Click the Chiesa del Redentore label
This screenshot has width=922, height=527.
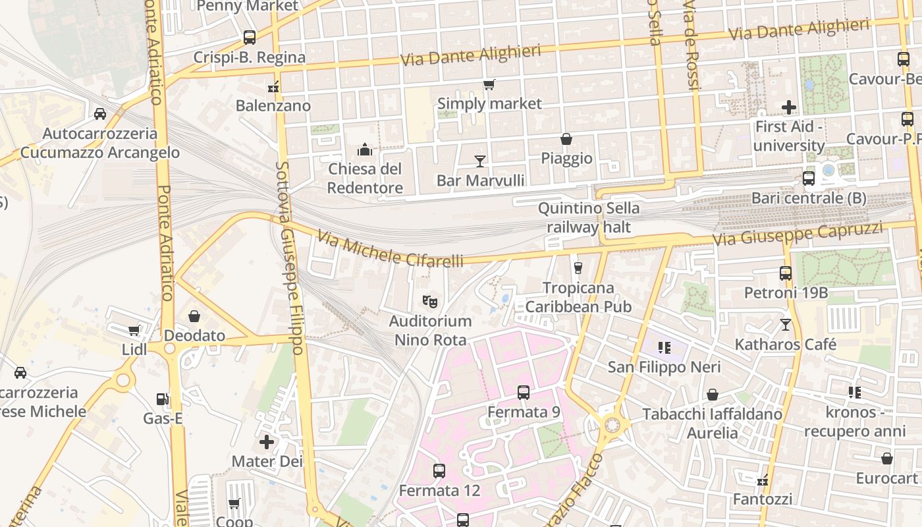pos(365,179)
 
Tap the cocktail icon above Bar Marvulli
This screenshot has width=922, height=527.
pos(480,161)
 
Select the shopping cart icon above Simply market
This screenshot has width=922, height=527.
pos(489,85)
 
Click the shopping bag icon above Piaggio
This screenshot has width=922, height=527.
pos(566,139)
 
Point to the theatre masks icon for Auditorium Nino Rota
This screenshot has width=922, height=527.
pos(430,302)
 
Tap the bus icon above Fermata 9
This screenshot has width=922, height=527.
pos(524,393)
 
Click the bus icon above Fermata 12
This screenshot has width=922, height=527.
pos(439,471)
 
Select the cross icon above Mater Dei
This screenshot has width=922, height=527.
pos(267,441)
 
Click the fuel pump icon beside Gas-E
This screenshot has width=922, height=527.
pos(162,399)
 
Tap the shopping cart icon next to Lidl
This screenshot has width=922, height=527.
pos(134,331)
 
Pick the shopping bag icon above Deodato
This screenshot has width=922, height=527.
pos(194,316)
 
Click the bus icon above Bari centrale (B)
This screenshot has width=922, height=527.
pos(809,179)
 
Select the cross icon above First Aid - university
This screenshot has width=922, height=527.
pos(789,107)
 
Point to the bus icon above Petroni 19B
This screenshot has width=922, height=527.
pos(786,273)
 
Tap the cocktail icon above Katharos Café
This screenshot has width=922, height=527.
pos(785,324)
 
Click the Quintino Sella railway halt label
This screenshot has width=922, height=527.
pos(588,217)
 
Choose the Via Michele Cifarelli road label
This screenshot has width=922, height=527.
pos(390,249)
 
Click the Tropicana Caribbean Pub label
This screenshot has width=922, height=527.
pos(578,297)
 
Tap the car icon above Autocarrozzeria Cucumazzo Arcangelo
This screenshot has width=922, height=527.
pos(100,114)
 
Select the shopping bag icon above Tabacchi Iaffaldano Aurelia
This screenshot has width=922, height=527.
pos(712,395)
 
